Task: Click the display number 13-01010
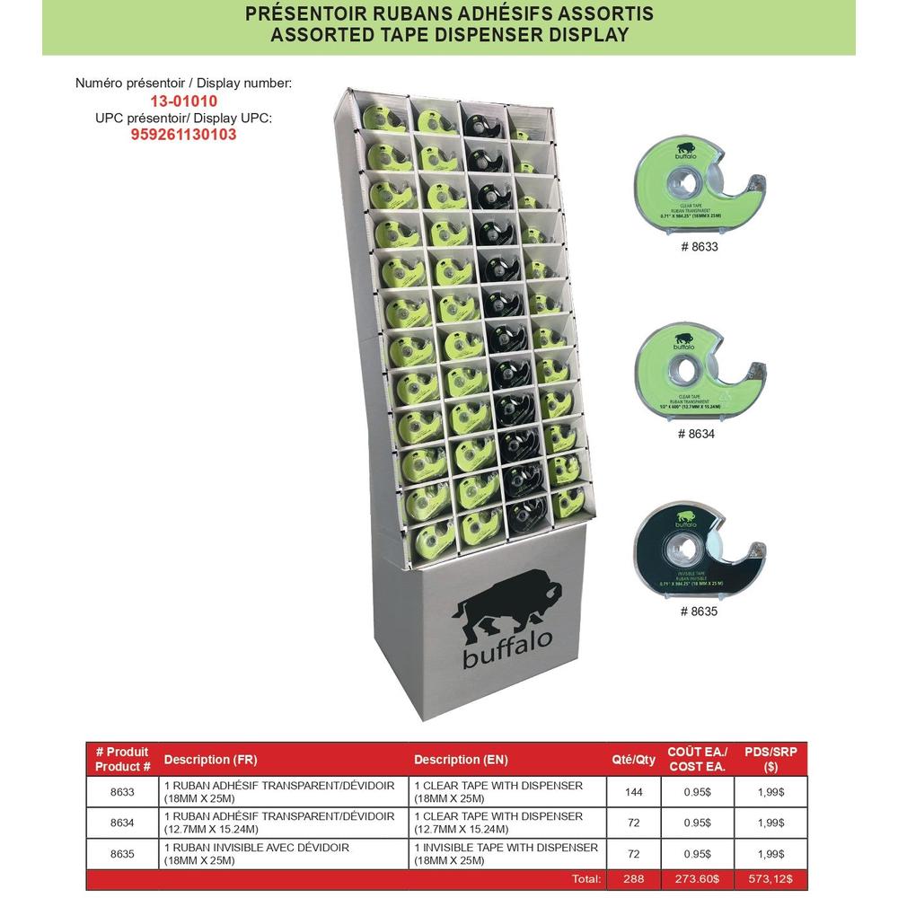pos(183,101)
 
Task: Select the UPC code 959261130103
pos(183,135)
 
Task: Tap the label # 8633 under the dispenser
pos(698,246)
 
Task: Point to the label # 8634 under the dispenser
pos(698,434)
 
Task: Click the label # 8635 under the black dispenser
pos(698,612)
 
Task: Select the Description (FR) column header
pos(210,760)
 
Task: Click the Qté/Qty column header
pos(633,760)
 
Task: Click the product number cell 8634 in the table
pos(122,823)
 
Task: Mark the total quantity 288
pos(633,879)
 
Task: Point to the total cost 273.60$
pos(697,879)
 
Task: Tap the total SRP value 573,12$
pos(770,879)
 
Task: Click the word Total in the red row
pos(585,879)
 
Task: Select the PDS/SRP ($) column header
pos(770,760)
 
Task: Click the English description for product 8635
pos(506,853)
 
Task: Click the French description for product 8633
pos(278,791)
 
